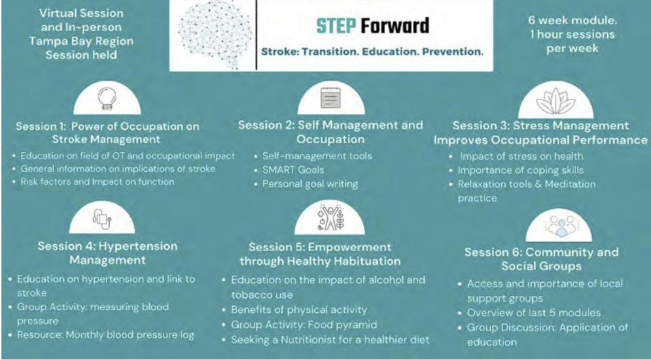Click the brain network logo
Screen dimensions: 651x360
215,35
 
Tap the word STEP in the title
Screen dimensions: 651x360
336,26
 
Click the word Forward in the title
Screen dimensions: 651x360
395,26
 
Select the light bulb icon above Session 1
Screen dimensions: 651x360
107,98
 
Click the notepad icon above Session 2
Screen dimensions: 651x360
330,98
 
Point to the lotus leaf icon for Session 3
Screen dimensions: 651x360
555,101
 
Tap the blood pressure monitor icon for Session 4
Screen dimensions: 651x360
102,219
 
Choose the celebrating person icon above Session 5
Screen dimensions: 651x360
330,217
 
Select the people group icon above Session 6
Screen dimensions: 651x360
559,226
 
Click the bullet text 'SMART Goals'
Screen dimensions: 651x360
293,170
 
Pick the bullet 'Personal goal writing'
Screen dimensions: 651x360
310,184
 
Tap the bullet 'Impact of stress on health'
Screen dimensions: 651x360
521,156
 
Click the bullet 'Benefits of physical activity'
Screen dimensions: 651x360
299,310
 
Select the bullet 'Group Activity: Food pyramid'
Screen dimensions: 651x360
304,324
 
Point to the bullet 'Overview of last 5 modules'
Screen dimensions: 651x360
534,312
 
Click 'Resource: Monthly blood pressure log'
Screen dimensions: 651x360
105,335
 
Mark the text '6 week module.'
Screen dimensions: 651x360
573,20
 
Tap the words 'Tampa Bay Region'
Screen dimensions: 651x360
82,41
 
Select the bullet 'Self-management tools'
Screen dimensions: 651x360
317,156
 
